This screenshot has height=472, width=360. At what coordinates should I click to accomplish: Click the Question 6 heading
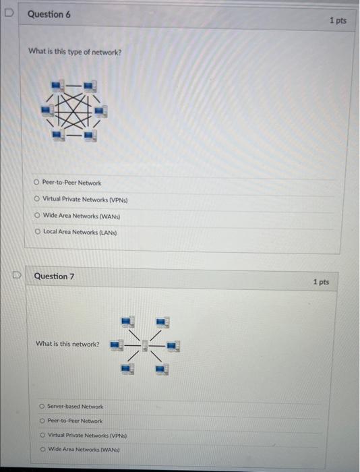click(x=49, y=14)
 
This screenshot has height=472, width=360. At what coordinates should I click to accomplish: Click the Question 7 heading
click(x=54, y=276)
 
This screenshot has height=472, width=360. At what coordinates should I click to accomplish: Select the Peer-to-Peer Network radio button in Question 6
click(x=36, y=182)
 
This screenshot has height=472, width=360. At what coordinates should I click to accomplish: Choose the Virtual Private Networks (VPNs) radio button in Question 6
click(x=36, y=199)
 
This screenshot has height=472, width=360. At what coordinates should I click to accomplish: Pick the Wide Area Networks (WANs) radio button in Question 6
click(x=36, y=215)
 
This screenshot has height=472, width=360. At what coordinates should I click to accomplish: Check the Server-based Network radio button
click(x=42, y=406)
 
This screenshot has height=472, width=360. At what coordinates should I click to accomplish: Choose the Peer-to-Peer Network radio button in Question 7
click(x=42, y=420)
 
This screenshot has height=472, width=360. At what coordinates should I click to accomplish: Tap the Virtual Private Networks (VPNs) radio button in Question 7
click(x=42, y=435)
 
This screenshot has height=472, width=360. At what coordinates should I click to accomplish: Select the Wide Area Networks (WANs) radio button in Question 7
click(x=42, y=449)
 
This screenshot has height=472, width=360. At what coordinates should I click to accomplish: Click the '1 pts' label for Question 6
click(x=338, y=20)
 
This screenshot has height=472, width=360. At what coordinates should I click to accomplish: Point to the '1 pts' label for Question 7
click(x=321, y=281)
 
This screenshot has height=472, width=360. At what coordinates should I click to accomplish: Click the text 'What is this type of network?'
click(x=75, y=51)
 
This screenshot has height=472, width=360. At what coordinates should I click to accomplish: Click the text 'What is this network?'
click(x=67, y=344)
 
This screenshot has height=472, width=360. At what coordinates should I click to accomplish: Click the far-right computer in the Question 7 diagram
click(x=173, y=346)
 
